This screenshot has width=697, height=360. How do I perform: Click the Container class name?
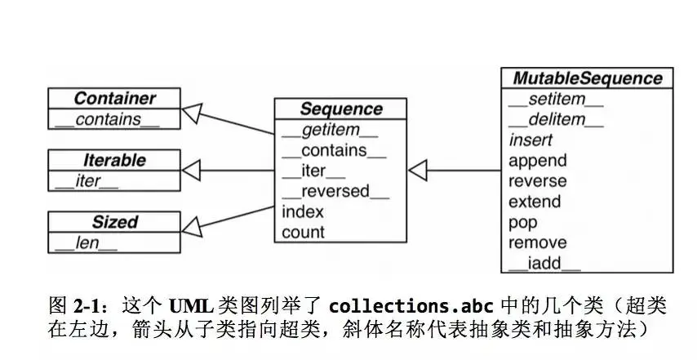pyautogui.click(x=114, y=99)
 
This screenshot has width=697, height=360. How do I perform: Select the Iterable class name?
pyautogui.click(x=114, y=160)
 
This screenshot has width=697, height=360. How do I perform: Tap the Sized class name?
pyautogui.click(x=114, y=221)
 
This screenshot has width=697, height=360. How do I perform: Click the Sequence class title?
pyautogui.click(x=340, y=109)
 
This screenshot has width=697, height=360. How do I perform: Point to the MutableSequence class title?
pyautogui.click(x=587, y=78)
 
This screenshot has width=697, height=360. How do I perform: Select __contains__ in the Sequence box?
pyautogui.click(x=333, y=151)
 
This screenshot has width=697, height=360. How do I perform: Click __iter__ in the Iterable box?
pyautogui.click(x=86, y=181)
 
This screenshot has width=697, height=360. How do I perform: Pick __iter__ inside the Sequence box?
pyautogui.click(x=313, y=171)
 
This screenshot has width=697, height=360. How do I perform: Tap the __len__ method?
pyautogui.click(x=85, y=242)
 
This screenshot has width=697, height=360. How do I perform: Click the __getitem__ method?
pyautogui.click(x=330, y=131)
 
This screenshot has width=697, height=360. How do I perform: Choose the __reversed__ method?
pyautogui.click(x=335, y=192)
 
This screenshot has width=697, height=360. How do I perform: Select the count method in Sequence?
pyautogui.click(x=303, y=233)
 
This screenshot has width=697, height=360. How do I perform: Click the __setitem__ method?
pyautogui.click(x=555, y=100)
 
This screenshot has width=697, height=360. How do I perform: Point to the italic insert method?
pyautogui.click(x=531, y=140)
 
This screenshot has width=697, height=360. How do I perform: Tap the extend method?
pyautogui.click(x=535, y=202)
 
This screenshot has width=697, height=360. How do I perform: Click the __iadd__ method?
pyautogui.click(x=544, y=263)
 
